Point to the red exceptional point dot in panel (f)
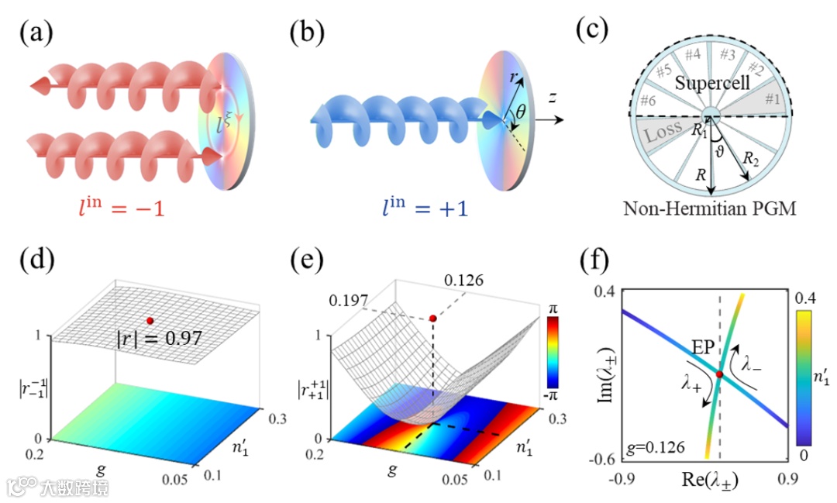click(x=720, y=374)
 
